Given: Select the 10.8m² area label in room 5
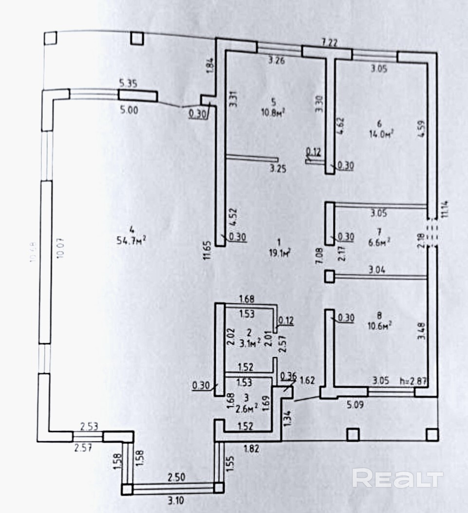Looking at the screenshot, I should click(x=273, y=112).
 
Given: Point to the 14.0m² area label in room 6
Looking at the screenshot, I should click(x=381, y=133).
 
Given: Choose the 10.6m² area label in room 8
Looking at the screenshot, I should click(x=380, y=324).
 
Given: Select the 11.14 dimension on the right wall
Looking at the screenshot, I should click(x=443, y=208).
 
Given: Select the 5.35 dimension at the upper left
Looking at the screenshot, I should click(x=128, y=83).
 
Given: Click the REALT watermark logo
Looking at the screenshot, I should click(x=397, y=478).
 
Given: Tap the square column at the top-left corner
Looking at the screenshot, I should click(x=50, y=38).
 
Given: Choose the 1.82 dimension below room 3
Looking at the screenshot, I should click(x=250, y=448).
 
